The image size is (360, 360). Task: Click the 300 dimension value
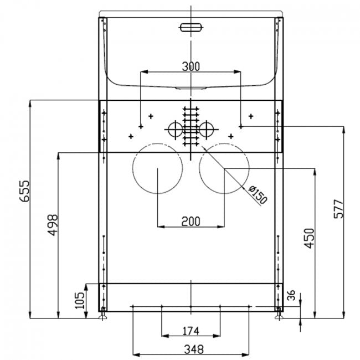[x=191, y=66]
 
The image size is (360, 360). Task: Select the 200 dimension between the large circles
[x=191, y=222]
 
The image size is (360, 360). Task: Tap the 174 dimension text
[x=191, y=331]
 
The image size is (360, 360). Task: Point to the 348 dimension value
[x=191, y=349]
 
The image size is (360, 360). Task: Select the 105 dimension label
[x=80, y=300]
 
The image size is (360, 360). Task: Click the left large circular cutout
[x=158, y=168]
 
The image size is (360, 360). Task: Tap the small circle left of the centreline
[x=174, y=130]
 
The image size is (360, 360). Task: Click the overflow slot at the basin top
[x=191, y=27]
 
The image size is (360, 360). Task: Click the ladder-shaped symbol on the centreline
[x=191, y=125]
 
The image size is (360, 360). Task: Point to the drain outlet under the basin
[x=191, y=88]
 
